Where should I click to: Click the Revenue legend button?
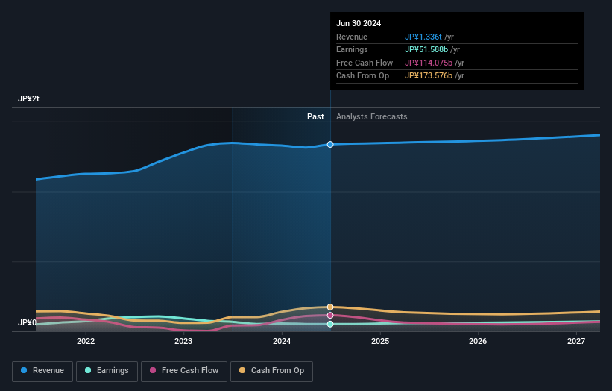click(42, 371)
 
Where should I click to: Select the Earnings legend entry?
click(104, 371)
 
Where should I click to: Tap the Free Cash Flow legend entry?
click(184, 371)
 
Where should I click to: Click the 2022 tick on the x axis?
click(86, 342)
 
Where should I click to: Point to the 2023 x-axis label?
click(183, 342)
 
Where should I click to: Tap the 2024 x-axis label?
click(282, 342)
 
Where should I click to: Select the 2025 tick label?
click(380, 342)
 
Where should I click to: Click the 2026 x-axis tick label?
click(478, 342)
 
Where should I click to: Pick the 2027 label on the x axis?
click(576, 342)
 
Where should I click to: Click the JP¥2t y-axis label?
click(29, 99)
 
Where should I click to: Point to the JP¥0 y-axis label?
click(27, 323)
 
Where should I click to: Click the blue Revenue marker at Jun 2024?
click(330, 144)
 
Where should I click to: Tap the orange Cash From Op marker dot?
click(330, 307)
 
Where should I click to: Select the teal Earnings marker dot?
click(330, 324)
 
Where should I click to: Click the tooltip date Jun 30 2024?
click(359, 23)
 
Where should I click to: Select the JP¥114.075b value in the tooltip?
click(429, 63)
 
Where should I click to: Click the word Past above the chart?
click(315, 116)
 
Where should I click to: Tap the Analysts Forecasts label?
click(372, 116)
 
